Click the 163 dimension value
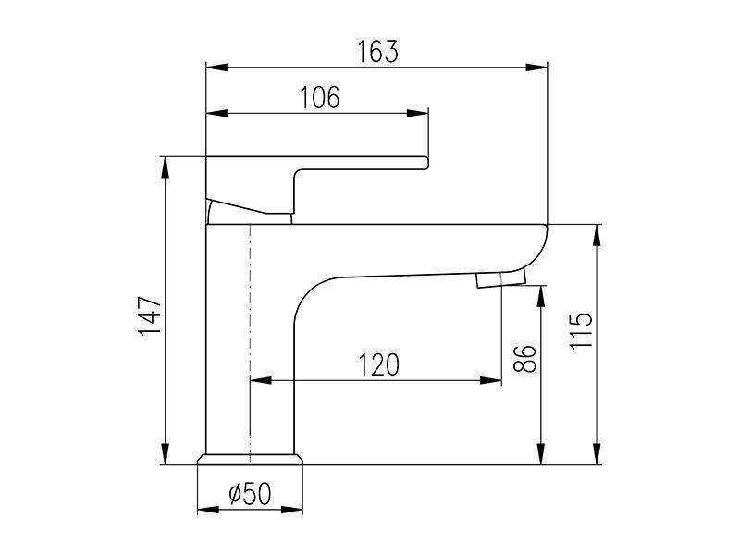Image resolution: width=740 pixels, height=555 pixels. tap(377, 52)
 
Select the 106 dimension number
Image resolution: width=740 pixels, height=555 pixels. tap(320, 98)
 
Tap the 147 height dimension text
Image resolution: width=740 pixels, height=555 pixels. tap(151, 315)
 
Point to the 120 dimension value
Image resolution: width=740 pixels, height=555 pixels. tap(379, 364)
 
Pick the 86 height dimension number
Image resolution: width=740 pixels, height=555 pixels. tap(524, 359)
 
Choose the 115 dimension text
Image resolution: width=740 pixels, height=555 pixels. tap(581, 330)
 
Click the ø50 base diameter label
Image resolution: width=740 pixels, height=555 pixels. tap(250, 494)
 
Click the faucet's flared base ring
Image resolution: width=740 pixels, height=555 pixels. tap(250, 459)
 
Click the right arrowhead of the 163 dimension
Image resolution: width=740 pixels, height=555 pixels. tap(536, 67)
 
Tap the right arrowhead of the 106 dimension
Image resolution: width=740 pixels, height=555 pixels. tap(418, 113)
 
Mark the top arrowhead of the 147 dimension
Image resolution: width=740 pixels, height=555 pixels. tap(165, 167)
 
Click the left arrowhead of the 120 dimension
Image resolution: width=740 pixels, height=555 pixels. tap(261, 380)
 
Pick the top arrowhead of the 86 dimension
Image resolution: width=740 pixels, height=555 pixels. tap(542, 296)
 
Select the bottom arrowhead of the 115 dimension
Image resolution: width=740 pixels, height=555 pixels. tap(597, 454)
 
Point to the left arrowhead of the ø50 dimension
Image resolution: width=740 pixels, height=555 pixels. tap(208, 510)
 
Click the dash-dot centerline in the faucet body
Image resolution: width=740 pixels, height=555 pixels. tap(250, 343)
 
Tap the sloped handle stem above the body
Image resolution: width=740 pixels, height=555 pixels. tap(249, 211)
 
